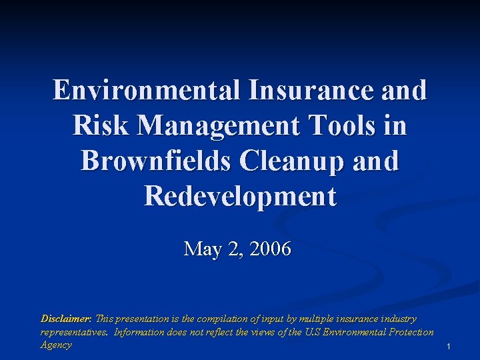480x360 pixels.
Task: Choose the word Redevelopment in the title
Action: click(240, 196)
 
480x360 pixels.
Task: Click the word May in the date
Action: click(203, 249)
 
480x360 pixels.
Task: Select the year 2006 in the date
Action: click(269, 249)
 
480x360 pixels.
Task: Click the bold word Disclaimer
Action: click(66, 319)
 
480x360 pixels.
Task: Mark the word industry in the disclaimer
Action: click(399, 319)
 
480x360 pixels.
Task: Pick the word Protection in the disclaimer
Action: click(407, 331)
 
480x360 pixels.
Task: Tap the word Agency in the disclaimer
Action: click(56, 345)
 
